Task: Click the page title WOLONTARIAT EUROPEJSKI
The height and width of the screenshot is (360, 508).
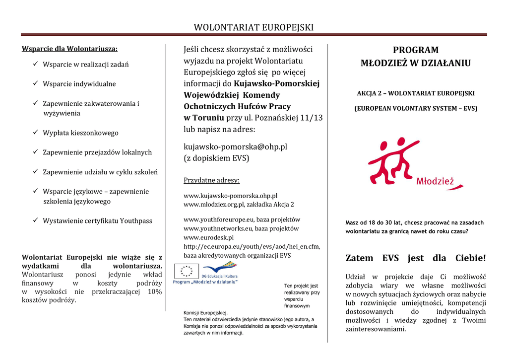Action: click(254, 27)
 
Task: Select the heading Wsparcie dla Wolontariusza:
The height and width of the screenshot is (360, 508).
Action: click(70, 49)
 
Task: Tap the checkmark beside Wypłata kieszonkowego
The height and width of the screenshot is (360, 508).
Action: click(36, 133)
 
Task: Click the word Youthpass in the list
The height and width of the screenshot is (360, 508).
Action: click(136, 220)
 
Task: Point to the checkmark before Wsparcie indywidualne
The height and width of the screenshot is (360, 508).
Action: click(36, 83)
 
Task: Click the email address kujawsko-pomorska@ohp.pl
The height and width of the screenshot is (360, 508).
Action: click(235, 146)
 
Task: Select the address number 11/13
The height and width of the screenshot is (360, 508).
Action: click(311, 118)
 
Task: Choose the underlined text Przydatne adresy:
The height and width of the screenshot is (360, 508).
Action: click(211, 180)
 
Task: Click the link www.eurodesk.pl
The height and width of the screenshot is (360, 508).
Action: click(208, 237)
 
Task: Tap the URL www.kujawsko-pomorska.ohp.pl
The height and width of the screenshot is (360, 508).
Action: click(230, 196)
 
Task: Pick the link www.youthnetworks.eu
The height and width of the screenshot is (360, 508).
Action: click(218, 228)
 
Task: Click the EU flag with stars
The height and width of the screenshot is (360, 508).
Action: click(187, 271)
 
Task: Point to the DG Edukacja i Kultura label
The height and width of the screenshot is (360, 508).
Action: click(219, 276)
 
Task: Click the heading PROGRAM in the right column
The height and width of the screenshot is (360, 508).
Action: click(415, 50)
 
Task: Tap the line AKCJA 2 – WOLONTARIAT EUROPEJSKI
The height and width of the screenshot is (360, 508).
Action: click(416, 93)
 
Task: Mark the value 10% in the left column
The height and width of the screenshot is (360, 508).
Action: click(155, 291)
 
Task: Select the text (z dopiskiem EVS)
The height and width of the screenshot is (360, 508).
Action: click(216, 158)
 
